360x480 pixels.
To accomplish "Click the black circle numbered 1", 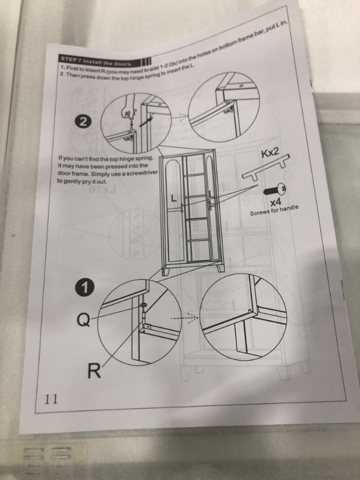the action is (85, 288).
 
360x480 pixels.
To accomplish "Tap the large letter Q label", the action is (83, 320).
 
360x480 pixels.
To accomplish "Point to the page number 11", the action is (51, 399).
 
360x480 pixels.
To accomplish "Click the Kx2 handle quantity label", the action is (270, 152).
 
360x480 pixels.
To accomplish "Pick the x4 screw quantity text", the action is (275, 202).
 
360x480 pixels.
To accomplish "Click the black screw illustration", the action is (274, 190).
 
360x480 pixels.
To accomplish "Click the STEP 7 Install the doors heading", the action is (96, 62).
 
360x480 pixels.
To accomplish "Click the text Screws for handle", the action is (274, 209).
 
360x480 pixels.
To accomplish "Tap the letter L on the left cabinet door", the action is (174, 199).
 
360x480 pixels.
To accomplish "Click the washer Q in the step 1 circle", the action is (143, 305).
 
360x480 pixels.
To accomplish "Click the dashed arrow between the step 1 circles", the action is (185, 318).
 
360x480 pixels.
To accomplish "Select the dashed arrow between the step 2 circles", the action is (178, 117).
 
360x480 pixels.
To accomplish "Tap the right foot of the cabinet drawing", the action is (221, 268).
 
